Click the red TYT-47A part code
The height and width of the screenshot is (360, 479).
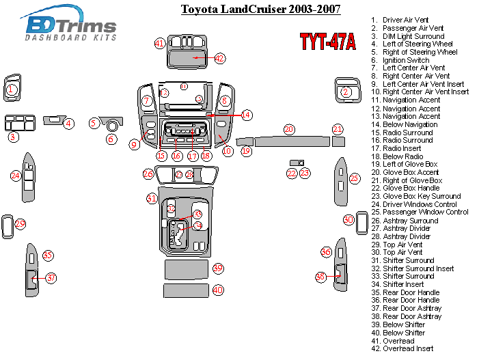[327, 42]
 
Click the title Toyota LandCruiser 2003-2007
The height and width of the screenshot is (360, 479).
[260, 9]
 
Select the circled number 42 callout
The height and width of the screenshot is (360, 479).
[219, 58]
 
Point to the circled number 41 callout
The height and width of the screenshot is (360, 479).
[160, 43]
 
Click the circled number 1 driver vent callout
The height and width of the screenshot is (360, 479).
[12, 89]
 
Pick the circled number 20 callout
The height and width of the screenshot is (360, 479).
[289, 129]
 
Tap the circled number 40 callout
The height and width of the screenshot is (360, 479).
[218, 290]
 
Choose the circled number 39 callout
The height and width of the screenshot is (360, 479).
[218, 268]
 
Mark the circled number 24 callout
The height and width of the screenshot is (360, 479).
[16, 176]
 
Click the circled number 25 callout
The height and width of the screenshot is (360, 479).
[354, 178]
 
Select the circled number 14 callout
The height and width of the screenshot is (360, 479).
[245, 115]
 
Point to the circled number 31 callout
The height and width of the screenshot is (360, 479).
[152, 198]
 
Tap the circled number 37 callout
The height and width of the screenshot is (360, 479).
[51, 277]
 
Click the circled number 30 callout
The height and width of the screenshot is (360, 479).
[348, 219]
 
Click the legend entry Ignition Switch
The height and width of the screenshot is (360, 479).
[405, 60]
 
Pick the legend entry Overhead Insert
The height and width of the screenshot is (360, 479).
[408, 348]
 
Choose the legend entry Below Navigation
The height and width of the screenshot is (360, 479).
[410, 124]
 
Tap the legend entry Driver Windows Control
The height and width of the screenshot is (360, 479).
[420, 204]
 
